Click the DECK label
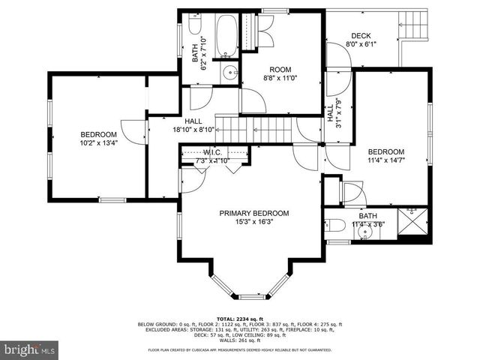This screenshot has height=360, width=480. coord(361,35)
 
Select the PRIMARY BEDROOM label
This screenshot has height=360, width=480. coord(253,213)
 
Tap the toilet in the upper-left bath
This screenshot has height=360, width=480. coord(196,28)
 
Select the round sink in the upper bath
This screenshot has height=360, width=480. coord(229,73)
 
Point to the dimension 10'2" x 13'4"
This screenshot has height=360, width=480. coord(99,142)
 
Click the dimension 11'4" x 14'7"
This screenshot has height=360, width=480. coord(386,159)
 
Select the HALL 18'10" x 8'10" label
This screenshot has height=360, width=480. coord(193,125)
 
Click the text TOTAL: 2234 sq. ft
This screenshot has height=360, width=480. coord(239,318)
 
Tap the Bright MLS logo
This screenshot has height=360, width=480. coord(30,349)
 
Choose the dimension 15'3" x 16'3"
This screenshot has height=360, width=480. coord(253,222)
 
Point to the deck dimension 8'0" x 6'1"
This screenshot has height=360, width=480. coord(361,44)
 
